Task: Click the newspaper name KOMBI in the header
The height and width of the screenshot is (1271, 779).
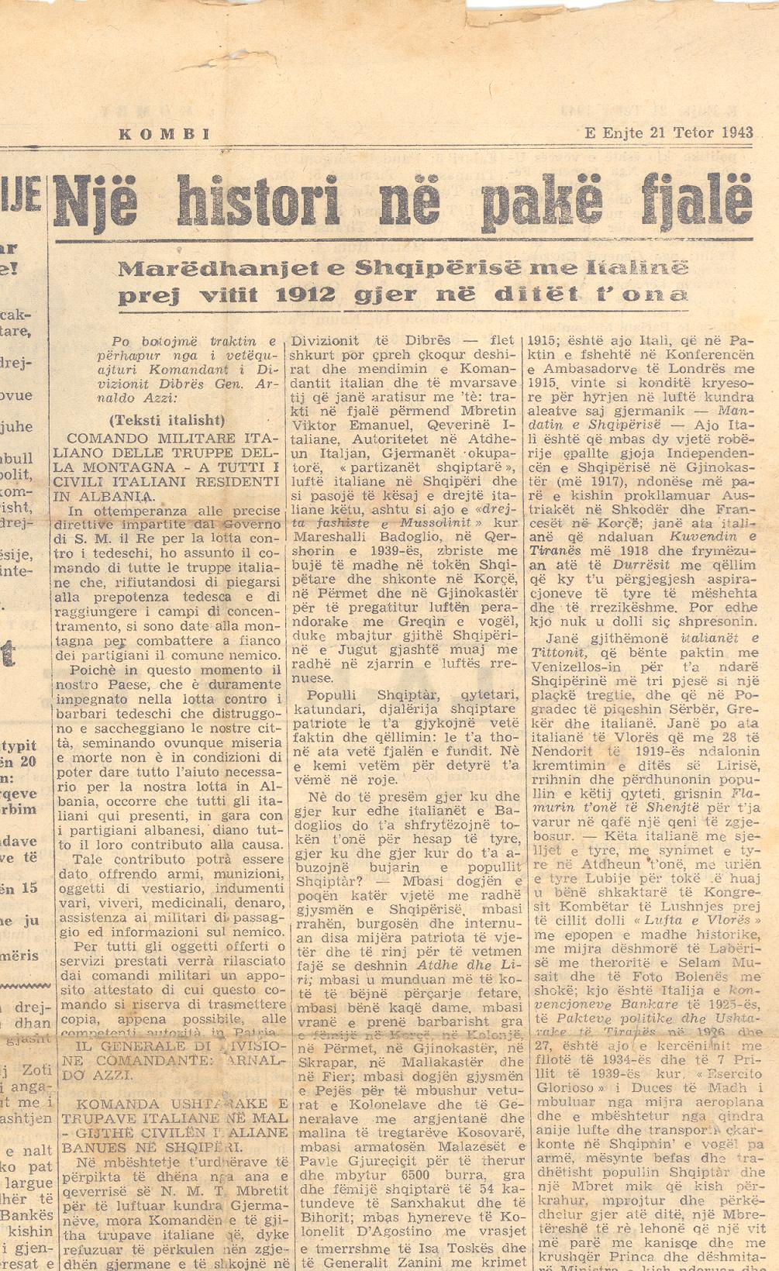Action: pos(164,134)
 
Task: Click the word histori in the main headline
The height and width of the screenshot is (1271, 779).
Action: pos(259,201)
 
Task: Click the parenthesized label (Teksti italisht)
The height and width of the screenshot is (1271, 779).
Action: pos(167,421)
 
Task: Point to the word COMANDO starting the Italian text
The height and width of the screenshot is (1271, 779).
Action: pos(102,438)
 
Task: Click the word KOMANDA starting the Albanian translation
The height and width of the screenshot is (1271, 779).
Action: pos(102,1104)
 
